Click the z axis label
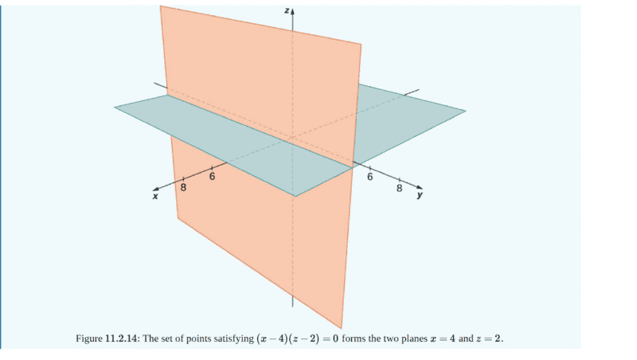click(x=287, y=11)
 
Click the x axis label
click(x=155, y=197)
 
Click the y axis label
click(x=420, y=194)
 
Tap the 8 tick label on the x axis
click(x=184, y=188)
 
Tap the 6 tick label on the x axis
click(x=212, y=177)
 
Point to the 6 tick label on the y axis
click(x=369, y=177)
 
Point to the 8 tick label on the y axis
click(x=400, y=189)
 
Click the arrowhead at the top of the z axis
click(x=292, y=11)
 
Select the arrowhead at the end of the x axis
click(x=155, y=190)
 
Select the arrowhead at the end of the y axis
click(x=420, y=187)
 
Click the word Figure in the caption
click(x=89, y=338)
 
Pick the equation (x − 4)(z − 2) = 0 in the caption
click(x=297, y=338)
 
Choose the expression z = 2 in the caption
click(x=489, y=338)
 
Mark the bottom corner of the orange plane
click(x=341, y=328)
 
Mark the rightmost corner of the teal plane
click(x=466, y=111)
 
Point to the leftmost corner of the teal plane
click(x=115, y=108)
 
